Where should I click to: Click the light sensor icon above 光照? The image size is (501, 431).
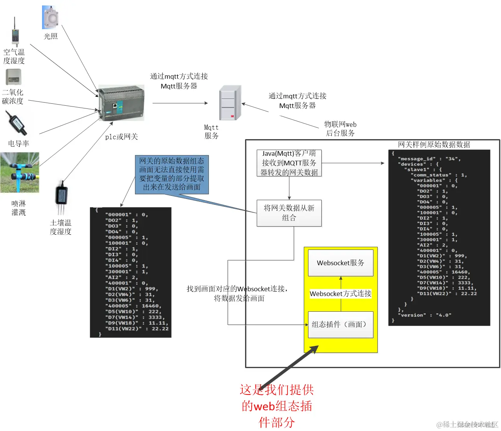point(50,17)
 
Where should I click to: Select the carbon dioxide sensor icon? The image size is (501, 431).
point(13,77)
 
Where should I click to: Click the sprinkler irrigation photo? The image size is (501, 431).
point(19,172)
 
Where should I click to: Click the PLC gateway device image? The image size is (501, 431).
point(121,103)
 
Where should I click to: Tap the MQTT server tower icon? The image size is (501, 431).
point(230,103)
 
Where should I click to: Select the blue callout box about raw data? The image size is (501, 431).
point(172,174)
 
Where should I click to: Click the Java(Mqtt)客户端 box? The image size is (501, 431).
point(289,163)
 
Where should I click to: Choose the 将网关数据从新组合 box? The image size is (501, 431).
point(289,213)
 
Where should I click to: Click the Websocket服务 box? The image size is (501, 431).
point(340,263)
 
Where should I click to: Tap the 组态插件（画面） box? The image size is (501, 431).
point(340,325)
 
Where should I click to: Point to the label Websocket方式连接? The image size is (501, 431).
point(340,294)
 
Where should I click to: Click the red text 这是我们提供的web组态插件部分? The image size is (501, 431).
point(277,406)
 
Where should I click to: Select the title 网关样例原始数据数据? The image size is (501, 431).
point(434,145)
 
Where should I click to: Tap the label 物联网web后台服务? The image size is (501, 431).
point(340,129)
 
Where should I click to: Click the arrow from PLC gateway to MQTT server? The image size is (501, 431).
point(180,103)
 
